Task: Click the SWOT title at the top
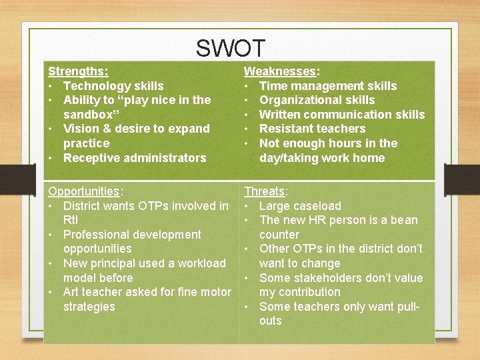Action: [231, 49]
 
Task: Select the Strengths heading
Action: [77, 71]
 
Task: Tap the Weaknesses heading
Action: [280, 71]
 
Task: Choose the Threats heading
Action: [264, 191]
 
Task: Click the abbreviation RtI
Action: [71, 220]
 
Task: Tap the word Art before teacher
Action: [72, 292]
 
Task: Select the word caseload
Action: [316, 206]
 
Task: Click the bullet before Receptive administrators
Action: [51, 158]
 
